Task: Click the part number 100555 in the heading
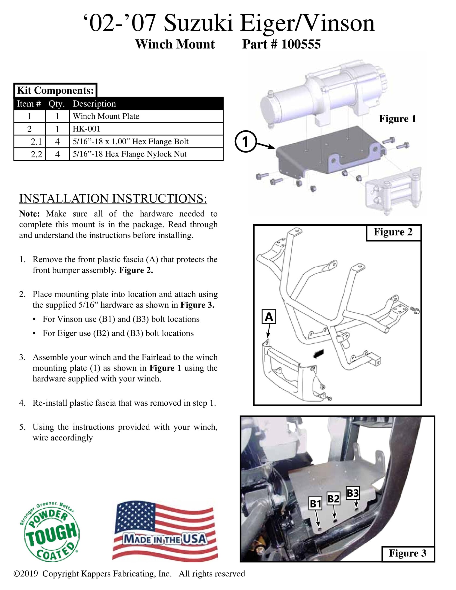point(301,44)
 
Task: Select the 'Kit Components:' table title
point(55,90)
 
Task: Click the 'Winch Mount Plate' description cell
point(106,116)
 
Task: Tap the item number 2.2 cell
point(36,154)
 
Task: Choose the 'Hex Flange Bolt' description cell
point(130,142)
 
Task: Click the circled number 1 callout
point(245,141)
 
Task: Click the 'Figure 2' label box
point(393,232)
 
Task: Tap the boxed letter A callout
point(269,317)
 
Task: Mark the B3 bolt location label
point(353,493)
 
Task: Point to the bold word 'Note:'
point(30,214)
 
